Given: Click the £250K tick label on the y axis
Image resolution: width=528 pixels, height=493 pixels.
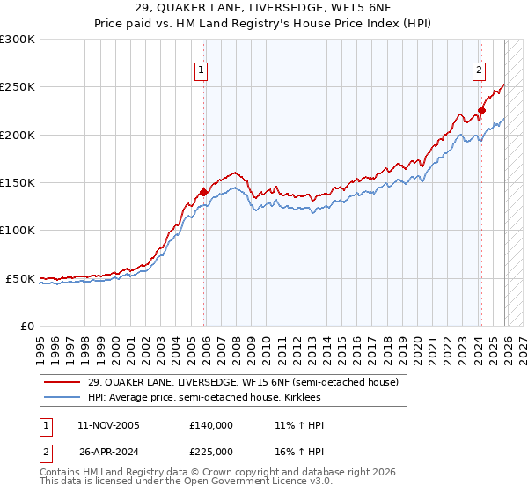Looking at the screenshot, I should tap(18, 87).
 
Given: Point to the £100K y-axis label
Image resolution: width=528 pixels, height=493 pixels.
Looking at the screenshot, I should tap(18, 230).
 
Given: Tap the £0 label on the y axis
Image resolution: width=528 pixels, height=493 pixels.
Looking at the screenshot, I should tap(26, 326).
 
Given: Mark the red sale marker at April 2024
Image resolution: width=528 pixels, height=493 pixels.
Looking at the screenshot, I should tap(481, 111).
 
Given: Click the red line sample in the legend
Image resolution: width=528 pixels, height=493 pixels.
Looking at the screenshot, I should tap(62, 382).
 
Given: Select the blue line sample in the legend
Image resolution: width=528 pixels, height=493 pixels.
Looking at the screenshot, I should tap(62, 397).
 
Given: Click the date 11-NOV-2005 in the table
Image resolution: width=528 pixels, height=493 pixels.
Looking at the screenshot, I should tap(109, 425).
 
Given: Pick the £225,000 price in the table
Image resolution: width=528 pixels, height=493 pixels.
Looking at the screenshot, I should tap(211, 451).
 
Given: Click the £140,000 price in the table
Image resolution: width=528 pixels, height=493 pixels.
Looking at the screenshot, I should tap(211, 425).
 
